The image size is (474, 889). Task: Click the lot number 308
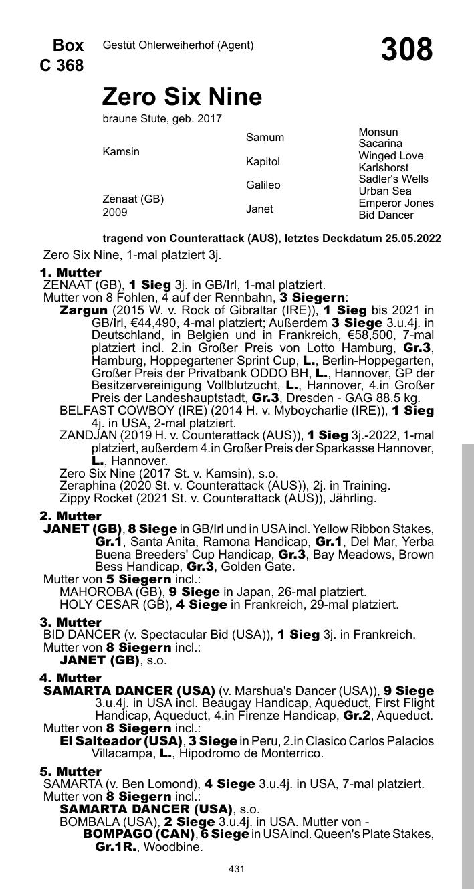coord(406,50)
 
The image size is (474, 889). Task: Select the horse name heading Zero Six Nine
coord(182,97)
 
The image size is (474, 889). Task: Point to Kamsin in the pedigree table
coord(121,151)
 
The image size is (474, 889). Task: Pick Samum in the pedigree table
coord(265,138)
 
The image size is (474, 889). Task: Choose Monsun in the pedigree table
coord(378,132)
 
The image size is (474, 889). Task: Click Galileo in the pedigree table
coord(263,185)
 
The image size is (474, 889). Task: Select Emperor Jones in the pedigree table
coord(396,203)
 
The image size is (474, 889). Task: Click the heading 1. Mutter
coord(70,273)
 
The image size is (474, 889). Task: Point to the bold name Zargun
coord(84,310)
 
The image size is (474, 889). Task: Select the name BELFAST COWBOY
coord(110,411)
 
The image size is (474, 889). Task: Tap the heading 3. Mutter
coord(70,623)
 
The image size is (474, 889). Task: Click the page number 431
coord(236,869)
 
